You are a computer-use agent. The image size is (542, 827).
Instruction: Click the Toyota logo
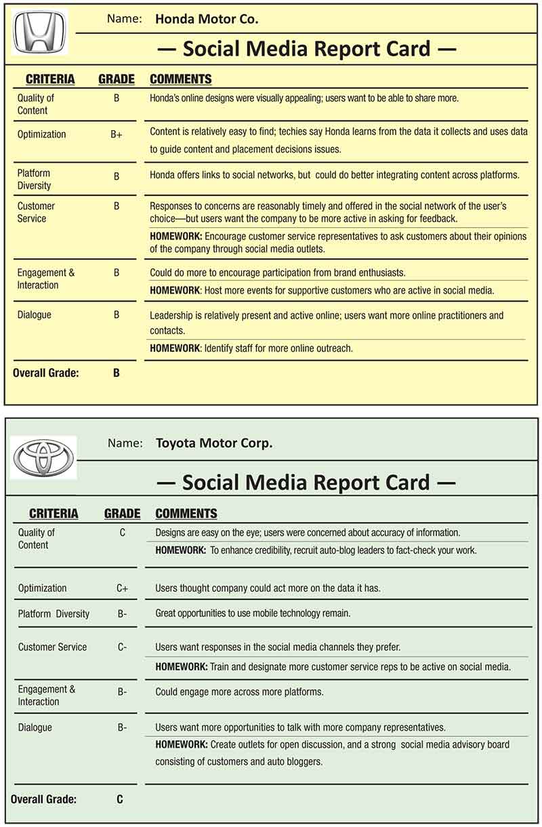tap(43, 458)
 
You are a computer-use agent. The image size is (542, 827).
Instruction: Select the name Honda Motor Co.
tap(207, 19)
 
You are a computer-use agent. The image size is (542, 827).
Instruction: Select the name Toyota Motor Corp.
tap(214, 443)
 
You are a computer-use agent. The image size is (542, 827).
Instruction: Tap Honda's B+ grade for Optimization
tap(117, 135)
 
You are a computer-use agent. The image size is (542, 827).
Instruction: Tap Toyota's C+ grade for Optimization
tap(122, 588)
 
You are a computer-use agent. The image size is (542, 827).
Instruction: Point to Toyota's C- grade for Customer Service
tap(122, 647)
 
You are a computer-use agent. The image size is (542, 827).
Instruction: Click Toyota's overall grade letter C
tap(120, 799)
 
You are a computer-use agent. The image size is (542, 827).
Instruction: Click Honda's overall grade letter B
tap(117, 372)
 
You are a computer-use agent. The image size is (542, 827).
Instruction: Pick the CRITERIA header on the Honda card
tap(50, 79)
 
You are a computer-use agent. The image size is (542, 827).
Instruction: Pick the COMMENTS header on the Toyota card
tap(186, 514)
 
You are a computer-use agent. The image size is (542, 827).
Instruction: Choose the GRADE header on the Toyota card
tap(122, 514)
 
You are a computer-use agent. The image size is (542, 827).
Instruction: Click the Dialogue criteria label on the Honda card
tap(34, 315)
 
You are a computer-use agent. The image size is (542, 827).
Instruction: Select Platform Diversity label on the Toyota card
tap(54, 614)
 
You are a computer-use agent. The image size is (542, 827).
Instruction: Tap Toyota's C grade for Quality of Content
tap(122, 533)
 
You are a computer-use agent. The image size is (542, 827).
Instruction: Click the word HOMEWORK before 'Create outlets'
tap(181, 744)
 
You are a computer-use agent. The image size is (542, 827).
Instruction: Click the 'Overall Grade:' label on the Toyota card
tap(43, 799)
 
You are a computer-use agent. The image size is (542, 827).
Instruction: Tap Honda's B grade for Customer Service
tap(117, 206)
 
